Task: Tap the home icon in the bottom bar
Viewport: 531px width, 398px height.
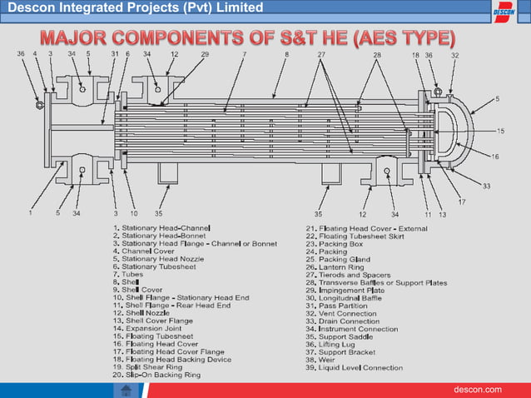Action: pyautogui.click(x=126, y=390)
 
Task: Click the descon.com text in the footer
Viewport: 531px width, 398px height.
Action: pyautogui.click(x=477, y=390)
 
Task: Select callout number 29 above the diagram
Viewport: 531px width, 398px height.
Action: pyautogui.click(x=205, y=54)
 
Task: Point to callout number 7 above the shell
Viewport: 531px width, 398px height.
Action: pyautogui.click(x=244, y=54)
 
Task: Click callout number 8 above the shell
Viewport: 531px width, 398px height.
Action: pyautogui.click(x=286, y=54)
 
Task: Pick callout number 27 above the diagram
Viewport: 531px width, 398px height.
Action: pyautogui.click(x=321, y=54)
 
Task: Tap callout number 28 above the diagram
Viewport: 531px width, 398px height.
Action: pyautogui.click(x=377, y=54)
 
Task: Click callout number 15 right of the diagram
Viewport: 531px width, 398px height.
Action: pyautogui.click(x=500, y=131)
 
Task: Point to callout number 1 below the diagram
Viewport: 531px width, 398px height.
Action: pyautogui.click(x=31, y=213)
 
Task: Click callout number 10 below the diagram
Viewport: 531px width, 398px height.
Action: pyautogui.click(x=133, y=213)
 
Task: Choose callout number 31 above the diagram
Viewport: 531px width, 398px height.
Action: pyautogui.click(x=114, y=54)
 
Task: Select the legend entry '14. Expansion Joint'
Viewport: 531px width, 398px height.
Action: pyautogui.click(x=154, y=328)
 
